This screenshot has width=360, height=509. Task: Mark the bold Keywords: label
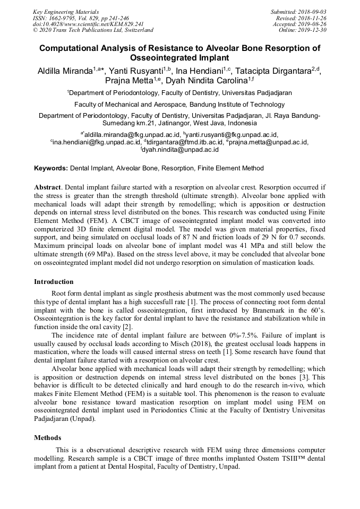coord(51,168)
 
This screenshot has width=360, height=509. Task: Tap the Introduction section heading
coord(54,282)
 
